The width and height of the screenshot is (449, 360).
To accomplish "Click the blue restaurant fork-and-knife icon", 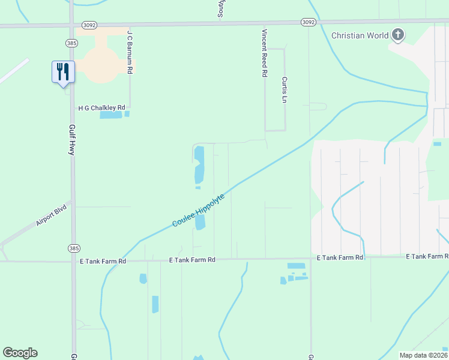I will tap(62, 72).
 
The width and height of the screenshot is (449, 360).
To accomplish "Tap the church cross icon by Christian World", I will tap(397, 35).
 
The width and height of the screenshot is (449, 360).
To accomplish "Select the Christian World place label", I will tap(360, 35).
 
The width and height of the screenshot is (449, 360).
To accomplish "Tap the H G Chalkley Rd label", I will tap(101, 108).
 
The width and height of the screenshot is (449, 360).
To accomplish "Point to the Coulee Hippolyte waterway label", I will tap(198, 210).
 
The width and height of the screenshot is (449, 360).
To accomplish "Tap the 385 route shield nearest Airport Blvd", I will tap(73, 248).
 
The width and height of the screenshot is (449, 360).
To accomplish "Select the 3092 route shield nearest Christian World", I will tap(308, 22).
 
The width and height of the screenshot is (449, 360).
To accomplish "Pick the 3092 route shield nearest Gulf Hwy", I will tap(89, 25).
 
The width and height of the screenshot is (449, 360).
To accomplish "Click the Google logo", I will tap(20, 353).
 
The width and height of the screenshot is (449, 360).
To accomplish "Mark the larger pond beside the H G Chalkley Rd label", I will tap(110, 115).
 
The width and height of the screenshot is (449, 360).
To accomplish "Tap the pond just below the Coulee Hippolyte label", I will tap(200, 223).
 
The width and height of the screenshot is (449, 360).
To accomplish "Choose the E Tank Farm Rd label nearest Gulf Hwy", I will tap(103, 262).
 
